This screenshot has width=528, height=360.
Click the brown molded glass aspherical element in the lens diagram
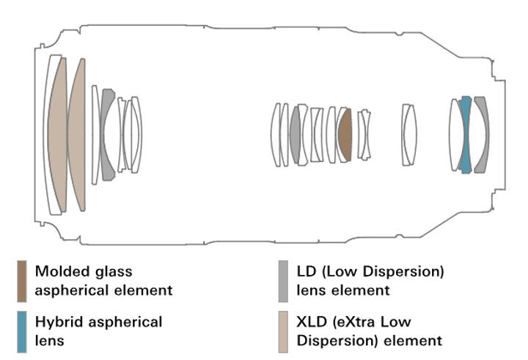[345, 135]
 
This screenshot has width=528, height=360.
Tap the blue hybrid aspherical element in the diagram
[464, 134]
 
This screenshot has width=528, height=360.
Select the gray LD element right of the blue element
[481, 134]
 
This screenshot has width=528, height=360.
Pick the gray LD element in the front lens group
[108, 134]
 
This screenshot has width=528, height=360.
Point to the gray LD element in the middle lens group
[296, 134]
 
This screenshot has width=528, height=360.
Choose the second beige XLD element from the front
[77, 135]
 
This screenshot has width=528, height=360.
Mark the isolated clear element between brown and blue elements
[409, 134]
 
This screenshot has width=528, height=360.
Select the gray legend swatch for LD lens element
[282, 279]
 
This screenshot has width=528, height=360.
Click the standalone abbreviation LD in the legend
[304, 272]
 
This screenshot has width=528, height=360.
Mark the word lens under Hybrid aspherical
[48, 339]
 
